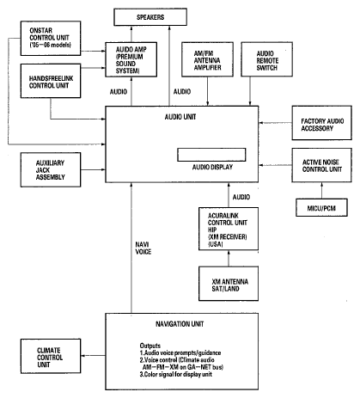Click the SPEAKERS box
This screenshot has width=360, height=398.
(x=150, y=17)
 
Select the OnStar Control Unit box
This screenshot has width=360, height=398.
(x=51, y=38)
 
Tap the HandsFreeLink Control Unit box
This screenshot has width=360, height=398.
(x=51, y=81)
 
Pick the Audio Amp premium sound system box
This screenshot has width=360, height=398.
(x=131, y=59)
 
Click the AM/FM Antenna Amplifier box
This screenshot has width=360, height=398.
(x=207, y=59)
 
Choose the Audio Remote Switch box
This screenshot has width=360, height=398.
(x=267, y=59)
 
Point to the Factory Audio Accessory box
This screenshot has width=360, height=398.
(x=322, y=123)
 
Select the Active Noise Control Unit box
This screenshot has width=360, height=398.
(x=322, y=165)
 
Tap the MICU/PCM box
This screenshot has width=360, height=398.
(x=321, y=207)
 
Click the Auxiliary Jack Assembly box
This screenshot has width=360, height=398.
(x=51, y=169)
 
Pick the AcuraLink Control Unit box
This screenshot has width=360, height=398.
(x=229, y=229)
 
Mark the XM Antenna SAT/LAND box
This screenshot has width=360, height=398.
(x=229, y=284)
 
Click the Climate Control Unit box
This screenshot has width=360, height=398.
(x=51, y=356)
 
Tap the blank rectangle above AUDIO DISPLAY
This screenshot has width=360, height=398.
(x=211, y=155)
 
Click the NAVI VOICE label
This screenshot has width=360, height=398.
(x=143, y=248)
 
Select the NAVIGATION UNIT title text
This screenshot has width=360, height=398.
(x=180, y=324)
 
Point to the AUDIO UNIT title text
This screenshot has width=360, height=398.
(x=180, y=117)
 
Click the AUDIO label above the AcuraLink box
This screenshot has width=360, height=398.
(x=241, y=197)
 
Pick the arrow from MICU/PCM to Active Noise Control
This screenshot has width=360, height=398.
(x=321, y=191)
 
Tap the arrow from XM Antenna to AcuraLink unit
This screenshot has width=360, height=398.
(x=229, y=259)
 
